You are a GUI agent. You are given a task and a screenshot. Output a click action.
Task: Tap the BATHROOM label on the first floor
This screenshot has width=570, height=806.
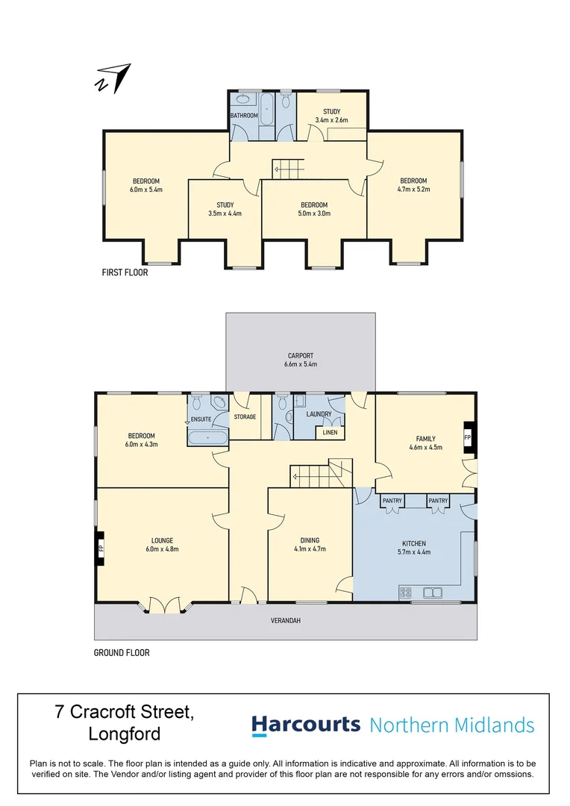click(244, 116)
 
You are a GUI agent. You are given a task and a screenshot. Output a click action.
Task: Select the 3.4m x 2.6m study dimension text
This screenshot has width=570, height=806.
click(331, 120)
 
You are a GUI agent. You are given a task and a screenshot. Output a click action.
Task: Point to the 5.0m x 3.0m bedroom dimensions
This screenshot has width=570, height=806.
click(314, 213)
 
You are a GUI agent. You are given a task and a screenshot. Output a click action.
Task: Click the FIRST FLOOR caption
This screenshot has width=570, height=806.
click(125, 273)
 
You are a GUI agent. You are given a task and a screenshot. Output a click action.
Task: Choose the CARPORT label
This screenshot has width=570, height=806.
click(301, 356)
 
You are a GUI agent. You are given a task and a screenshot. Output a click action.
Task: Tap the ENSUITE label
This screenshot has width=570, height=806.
click(201, 419)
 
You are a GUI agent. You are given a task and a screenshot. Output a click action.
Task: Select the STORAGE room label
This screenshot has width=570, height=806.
click(245, 416)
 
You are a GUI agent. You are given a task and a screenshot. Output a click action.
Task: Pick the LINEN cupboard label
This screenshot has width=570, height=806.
click(330, 432)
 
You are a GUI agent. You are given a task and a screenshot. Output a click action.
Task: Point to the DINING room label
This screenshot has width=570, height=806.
click(310, 540)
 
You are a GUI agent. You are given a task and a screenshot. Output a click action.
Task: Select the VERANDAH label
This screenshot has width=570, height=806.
click(286, 620)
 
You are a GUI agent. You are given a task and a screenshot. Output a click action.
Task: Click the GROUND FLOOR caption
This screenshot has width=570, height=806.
click(122, 653)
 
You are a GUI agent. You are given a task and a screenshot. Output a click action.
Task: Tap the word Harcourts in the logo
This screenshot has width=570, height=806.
click(306, 725)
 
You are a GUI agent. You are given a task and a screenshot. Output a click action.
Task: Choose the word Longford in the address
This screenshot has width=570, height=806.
click(125, 734)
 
